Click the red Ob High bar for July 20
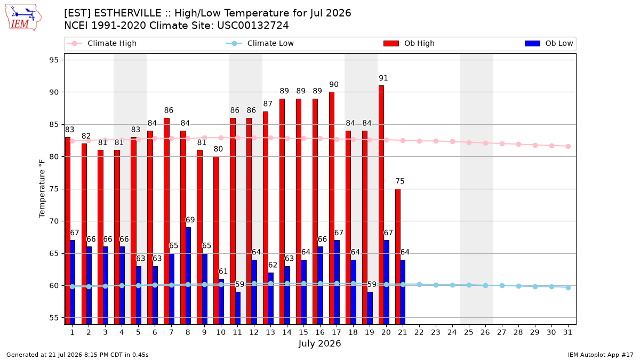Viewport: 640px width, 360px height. pyautogui.click(x=381, y=205)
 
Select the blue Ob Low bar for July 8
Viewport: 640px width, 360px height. pyautogui.click(x=188, y=276)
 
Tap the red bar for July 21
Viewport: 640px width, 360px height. pyautogui.click(x=398, y=257)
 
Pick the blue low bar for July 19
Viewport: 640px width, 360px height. pyautogui.click(x=370, y=308)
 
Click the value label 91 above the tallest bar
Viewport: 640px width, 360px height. pyautogui.click(x=383, y=78)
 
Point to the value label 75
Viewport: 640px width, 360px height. pyautogui.click(x=399, y=181)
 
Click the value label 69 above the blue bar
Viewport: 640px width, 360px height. pyautogui.click(x=190, y=220)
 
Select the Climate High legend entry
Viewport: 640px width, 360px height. pyautogui.click(x=102, y=43)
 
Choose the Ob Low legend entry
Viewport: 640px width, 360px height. pyautogui.click(x=549, y=43)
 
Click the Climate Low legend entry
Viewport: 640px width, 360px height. pyautogui.click(x=260, y=43)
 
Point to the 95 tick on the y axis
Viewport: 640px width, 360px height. pyautogui.click(x=54, y=60)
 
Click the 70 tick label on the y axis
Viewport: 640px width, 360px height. pyautogui.click(x=54, y=221)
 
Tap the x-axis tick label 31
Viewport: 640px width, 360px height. pyautogui.click(x=567, y=332)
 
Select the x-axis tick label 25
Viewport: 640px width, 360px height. pyautogui.click(x=469, y=332)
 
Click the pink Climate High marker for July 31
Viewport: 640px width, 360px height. pyautogui.click(x=568, y=146)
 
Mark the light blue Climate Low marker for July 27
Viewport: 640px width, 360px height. pyautogui.click(x=502, y=285)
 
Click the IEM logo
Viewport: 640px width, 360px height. pyautogui.click(x=23, y=18)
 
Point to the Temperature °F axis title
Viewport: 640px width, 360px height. pyautogui.click(x=42, y=189)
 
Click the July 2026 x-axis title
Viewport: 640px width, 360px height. pyautogui.click(x=319, y=343)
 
